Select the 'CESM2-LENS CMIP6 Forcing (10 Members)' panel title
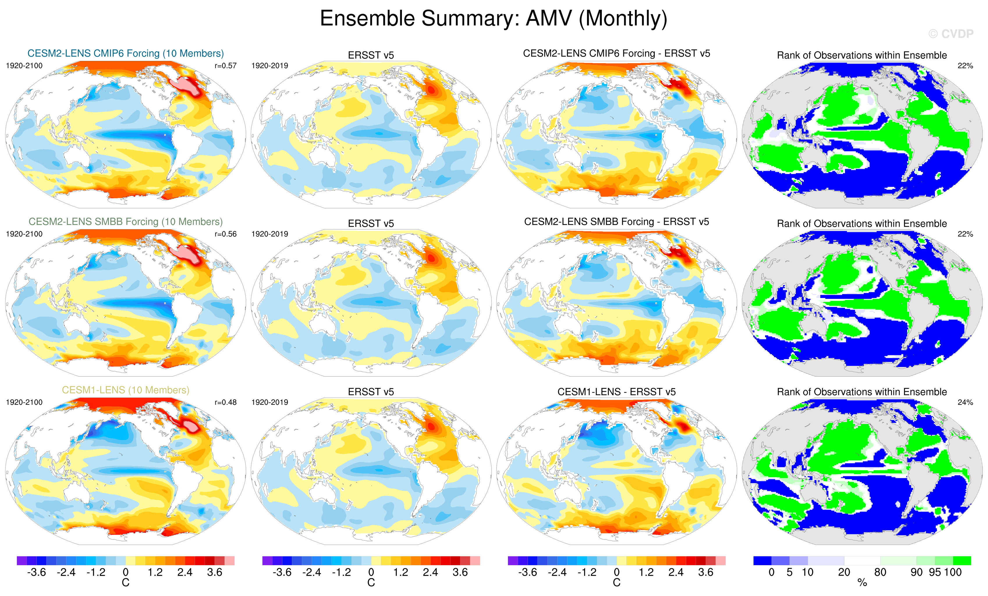point(125,53)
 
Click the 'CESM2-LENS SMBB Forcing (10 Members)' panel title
point(125,222)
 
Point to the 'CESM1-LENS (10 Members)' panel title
point(125,390)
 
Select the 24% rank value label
point(965,402)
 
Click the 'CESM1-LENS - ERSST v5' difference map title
point(616,392)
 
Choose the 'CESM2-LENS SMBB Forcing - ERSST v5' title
point(616,222)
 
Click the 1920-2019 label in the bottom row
point(269,402)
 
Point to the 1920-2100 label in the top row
point(24,66)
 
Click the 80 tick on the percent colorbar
point(880,572)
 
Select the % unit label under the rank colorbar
point(862,583)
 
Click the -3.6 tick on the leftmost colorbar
point(36,572)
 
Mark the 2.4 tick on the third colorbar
point(676,572)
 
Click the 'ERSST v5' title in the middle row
point(371,223)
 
